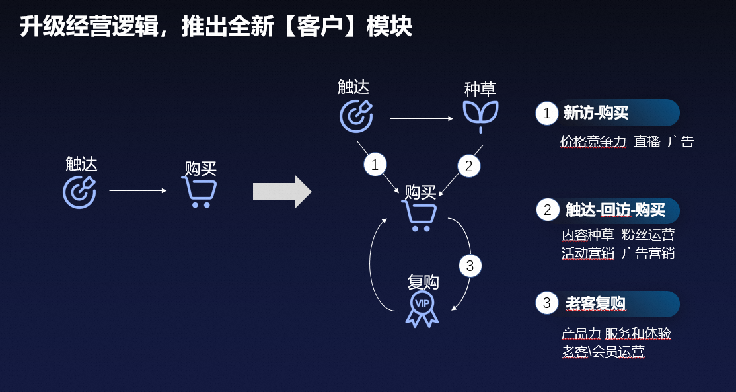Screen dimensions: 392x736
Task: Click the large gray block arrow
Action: pyautogui.click(x=281, y=192)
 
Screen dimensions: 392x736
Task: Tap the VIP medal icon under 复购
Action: pyautogui.click(x=422, y=309)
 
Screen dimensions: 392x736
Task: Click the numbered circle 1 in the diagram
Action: pyautogui.click(x=375, y=165)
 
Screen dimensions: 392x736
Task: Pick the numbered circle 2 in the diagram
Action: pyautogui.click(x=468, y=166)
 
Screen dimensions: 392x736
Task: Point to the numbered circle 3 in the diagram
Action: pyautogui.click(x=470, y=266)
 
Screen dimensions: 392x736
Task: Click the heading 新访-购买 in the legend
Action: pyautogui.click(x=596, y=113)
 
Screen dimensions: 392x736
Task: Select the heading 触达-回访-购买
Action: pyautogui.click(x=615, y=210)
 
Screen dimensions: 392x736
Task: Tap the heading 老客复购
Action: pyautogui.click(x=595, y=303)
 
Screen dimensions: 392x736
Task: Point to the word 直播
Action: pyautogui.click(x=647, y=141)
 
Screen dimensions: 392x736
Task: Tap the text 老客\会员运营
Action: pyautogui.click(x=603, y=351)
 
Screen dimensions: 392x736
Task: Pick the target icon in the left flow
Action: pyautogui.click(x=80, y=191)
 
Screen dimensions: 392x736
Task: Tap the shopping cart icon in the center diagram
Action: pyautogui.click(x=420, y=215)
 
